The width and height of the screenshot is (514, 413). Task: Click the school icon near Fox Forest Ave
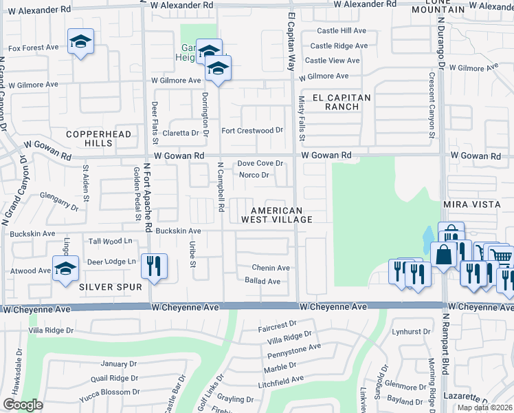click(x=80, y=41)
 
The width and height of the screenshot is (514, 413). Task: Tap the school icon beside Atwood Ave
click(x=65, y=268)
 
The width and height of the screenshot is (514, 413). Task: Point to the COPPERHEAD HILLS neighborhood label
click(x=89, y=138)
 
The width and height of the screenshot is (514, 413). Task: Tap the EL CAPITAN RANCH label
click(x=342, y=102)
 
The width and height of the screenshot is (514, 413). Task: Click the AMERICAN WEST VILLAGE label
click(x=277, y=215)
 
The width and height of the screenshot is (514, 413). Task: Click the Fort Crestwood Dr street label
click(x=252, y=130)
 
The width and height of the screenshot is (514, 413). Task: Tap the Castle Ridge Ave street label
click(x=339, y=46)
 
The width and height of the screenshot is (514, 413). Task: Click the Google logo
click(x=23, y=405)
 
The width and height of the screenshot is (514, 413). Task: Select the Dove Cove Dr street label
click(x=260, y=163)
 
